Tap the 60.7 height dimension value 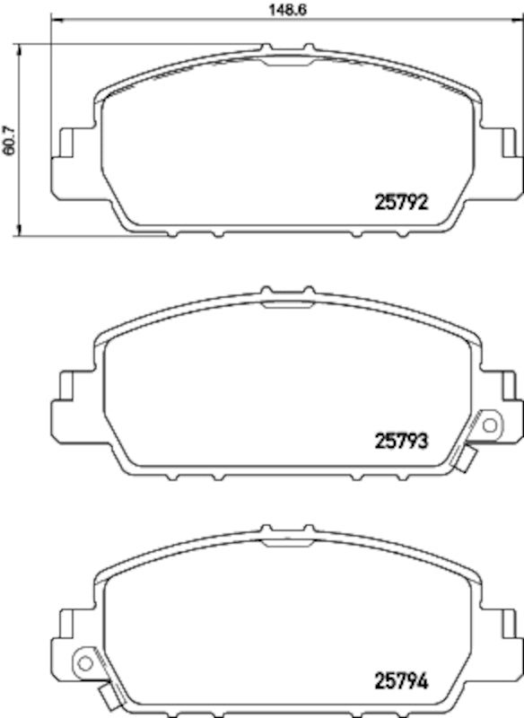click(10, 139)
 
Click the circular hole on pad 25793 click(489, 425)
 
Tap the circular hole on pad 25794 click(85, 663)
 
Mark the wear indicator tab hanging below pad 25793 click(466, 460)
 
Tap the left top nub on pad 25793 click(264, 291)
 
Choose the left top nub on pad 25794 click(264, 530)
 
